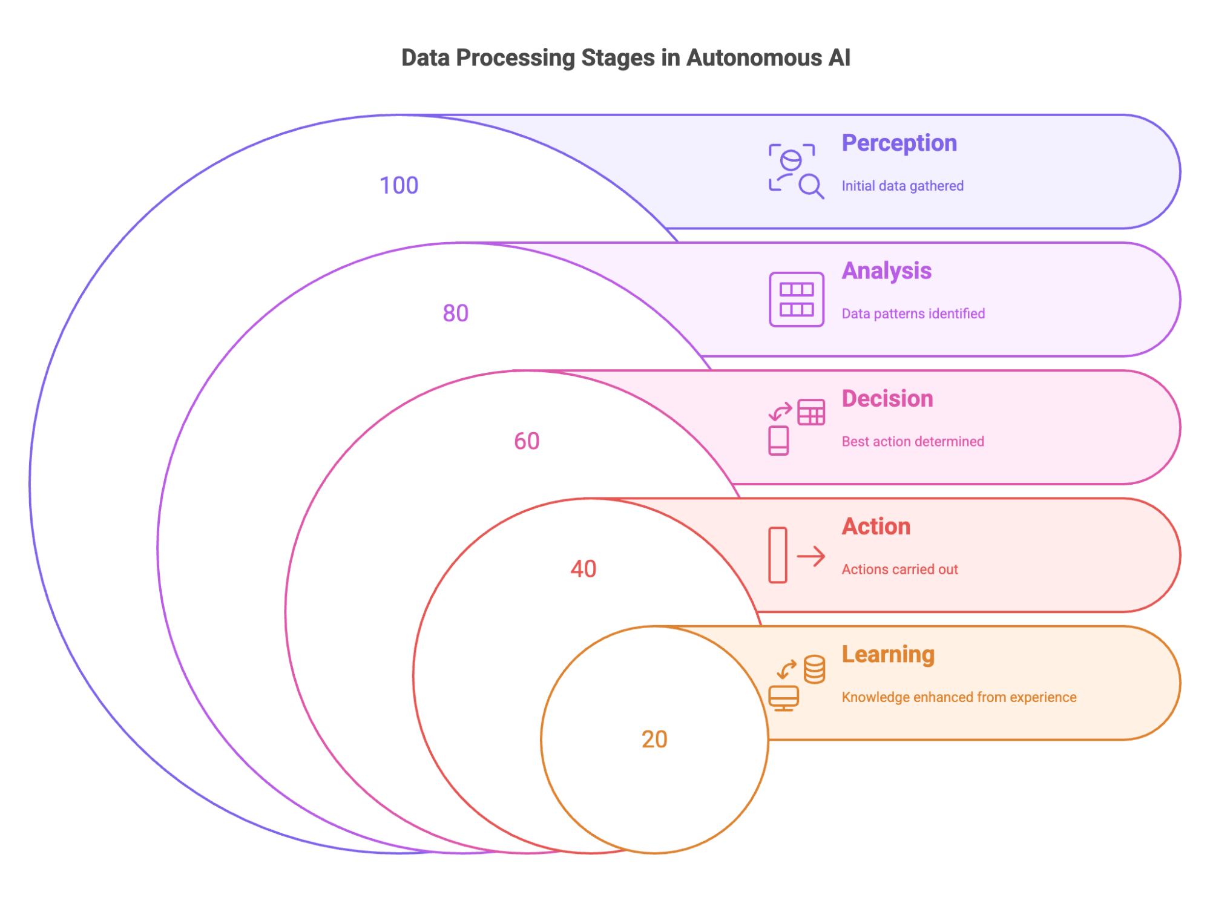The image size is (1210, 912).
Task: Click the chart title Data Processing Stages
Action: (x=625, y=58)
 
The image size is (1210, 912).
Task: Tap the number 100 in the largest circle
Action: (x=398, y=185)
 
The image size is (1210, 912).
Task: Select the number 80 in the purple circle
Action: (x=455, y=313)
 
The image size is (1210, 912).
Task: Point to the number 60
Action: (x=526, y=441)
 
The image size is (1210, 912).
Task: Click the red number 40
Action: (x=583, y=568)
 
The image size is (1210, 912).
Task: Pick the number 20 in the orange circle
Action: (x=654, y=739)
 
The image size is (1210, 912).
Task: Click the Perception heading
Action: (x=899, y=143)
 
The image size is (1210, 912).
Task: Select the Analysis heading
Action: (x=886, y=271)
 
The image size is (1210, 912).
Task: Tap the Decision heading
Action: (x=887, y=399)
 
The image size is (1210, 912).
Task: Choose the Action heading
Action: (x=876, y=527)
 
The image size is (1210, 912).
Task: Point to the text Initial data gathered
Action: (x=902, y=186)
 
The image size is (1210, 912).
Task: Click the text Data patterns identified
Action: (x=913, y=313)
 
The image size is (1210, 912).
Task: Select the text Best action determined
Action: (x=912, y=441)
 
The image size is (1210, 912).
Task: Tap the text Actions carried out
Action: (x=899, y=569)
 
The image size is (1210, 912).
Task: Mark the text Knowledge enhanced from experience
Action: (x=959, y=697)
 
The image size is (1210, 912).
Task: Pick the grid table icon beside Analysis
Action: (x=796, y=300)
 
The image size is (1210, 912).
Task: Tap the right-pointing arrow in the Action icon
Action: (x=811, y=556)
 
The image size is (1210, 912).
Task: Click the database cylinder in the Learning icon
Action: (x=814, y=669)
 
